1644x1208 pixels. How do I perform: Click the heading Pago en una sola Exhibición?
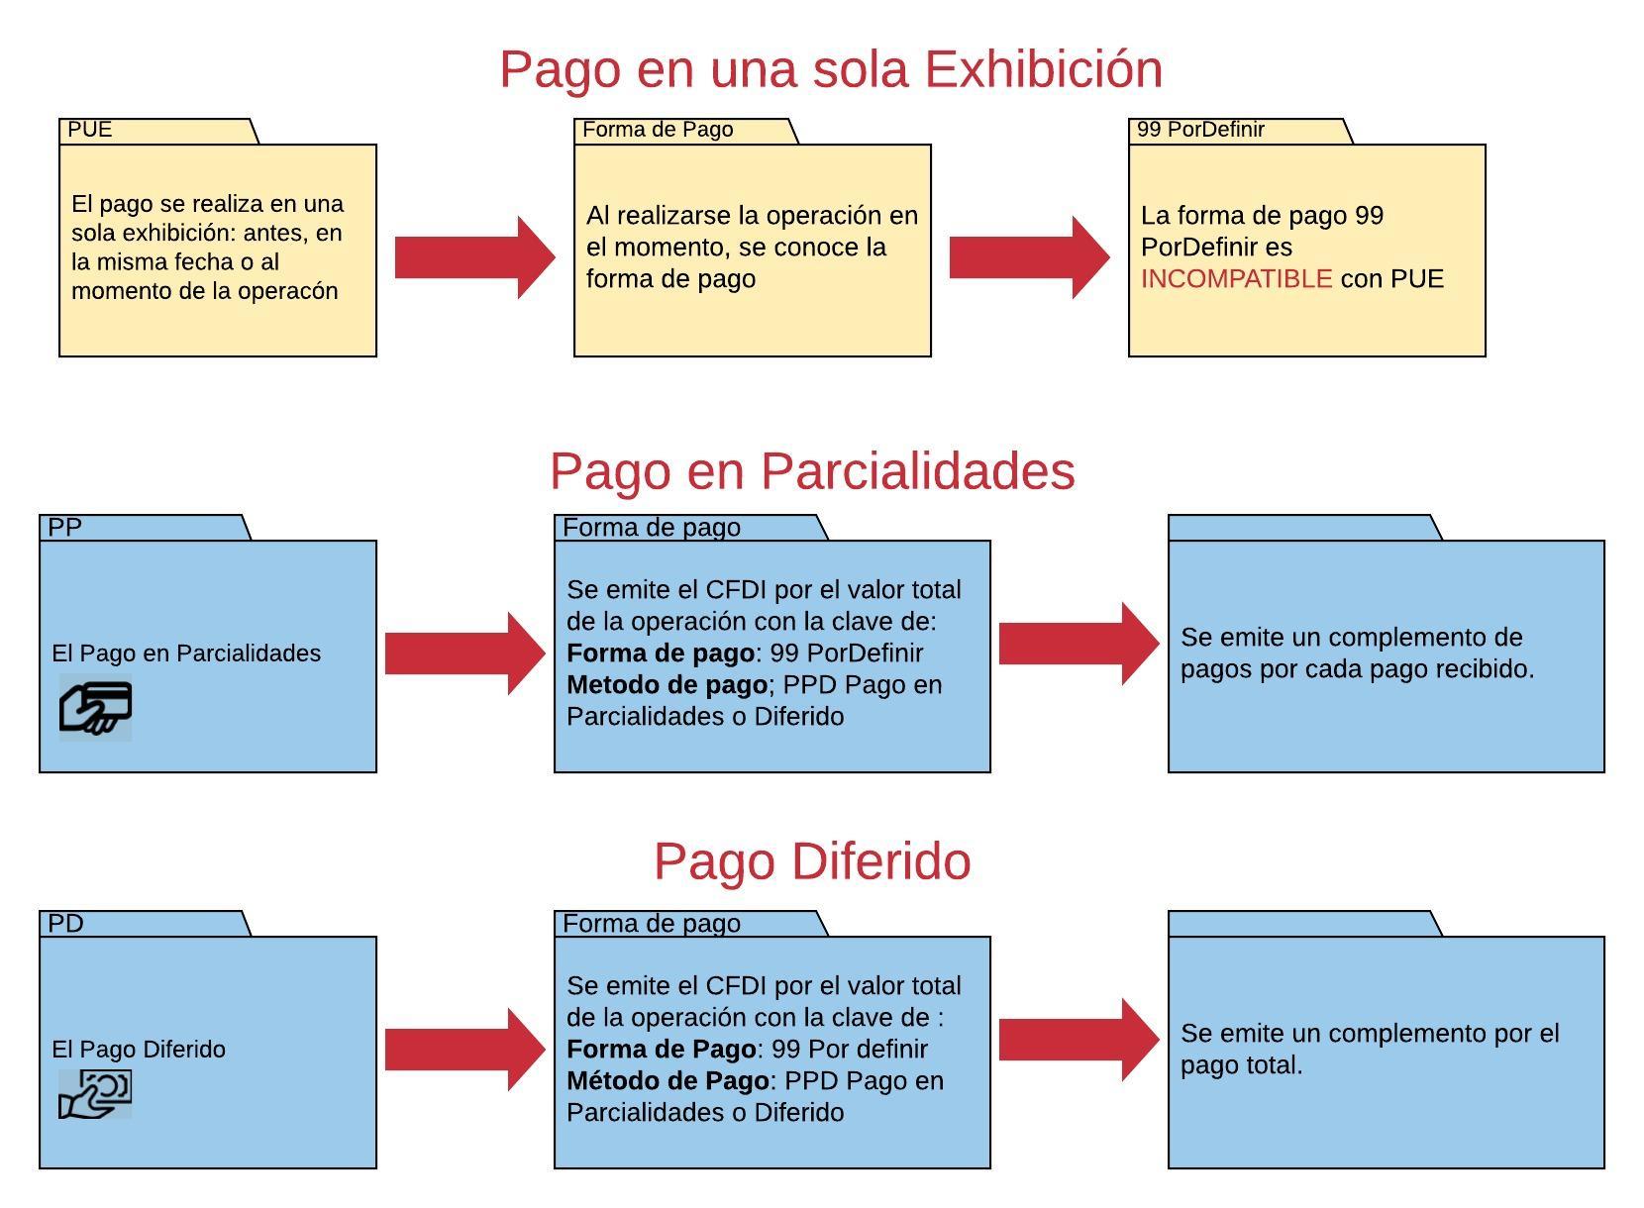[830, 69]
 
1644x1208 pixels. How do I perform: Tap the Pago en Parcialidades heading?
[812, 470]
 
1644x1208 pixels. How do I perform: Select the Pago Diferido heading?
[812, 861]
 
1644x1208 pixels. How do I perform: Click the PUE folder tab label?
[90, 130]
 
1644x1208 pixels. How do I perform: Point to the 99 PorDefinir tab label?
[1200, 130]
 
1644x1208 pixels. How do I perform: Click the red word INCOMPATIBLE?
[1236, 279]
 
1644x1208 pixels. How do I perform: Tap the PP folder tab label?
[65, 528]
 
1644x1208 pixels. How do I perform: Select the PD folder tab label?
[65, 924]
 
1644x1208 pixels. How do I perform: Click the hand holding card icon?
[95, 707]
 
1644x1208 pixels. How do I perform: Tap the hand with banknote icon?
[95, 1094]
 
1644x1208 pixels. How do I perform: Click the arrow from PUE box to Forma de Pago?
[474, 257]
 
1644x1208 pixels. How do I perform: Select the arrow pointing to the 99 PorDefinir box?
[1029, 257]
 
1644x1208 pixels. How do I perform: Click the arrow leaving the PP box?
[464, 654]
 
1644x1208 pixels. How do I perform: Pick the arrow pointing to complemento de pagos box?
[1079, 644]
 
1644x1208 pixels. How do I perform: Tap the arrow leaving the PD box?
[464, 1050]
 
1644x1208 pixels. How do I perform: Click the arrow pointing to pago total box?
[1079, 1040]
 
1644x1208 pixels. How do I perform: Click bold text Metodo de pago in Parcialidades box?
[667, 685]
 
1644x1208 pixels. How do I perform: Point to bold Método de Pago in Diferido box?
[668, 1081]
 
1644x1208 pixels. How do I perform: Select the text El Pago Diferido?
[139, 1050]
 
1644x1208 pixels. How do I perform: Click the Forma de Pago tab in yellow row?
[658, 130]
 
